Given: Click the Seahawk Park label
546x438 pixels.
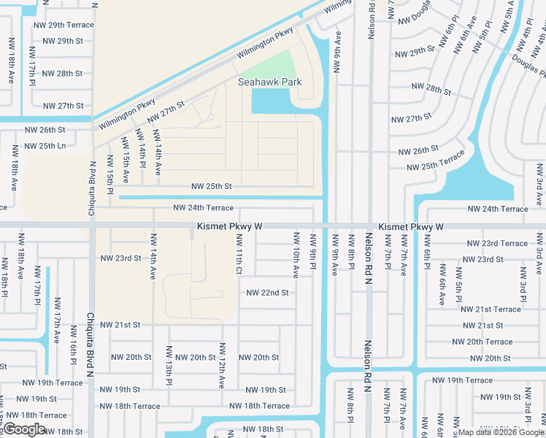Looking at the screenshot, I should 269,82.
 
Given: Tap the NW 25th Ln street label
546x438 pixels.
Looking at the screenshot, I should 45,146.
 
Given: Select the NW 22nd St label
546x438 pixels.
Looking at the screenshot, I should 268,293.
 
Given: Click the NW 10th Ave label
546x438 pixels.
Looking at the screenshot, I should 296,255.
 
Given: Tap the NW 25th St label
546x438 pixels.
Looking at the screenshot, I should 212,187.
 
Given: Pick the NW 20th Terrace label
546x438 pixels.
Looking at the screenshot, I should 482,342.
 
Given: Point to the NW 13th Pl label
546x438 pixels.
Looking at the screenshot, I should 169,372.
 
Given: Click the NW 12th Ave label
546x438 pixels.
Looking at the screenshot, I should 220,372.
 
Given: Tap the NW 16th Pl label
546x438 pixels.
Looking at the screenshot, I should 74,351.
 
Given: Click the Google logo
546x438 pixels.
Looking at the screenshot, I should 25,429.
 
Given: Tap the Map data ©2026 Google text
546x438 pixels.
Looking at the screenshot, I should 501,432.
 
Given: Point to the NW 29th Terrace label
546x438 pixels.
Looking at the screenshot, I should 64,25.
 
